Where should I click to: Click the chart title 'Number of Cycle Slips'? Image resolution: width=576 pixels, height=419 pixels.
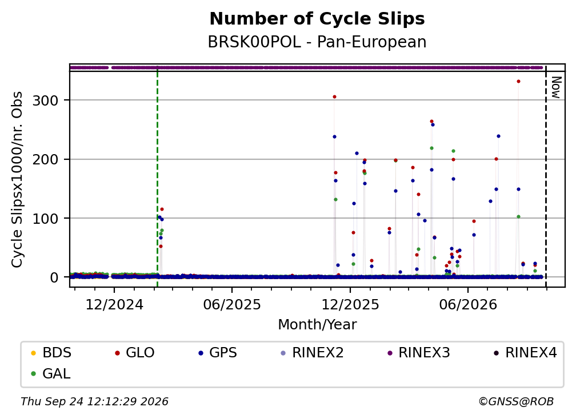pyautogui.click(x=317, y=19)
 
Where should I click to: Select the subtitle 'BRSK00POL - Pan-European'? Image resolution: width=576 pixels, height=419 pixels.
pyautogui.click(x=317, y=42)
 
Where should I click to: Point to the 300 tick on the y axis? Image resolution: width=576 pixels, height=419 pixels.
pyautogui.click(x=46, y=100)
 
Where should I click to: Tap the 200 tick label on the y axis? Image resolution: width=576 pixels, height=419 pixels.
pyautogui.click(x=46, y=159)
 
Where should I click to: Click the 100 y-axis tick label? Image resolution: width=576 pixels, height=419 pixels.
pyautogui.click(x=46, y=218)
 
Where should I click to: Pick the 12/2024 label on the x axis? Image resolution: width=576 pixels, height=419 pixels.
pyautogui.click(x=114, y=304)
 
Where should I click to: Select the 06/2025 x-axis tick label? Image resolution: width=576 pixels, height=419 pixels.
pyautogui.click(x=232, y=304)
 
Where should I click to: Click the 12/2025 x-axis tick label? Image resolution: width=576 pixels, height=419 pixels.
pyautogui.click(x=350, y=304)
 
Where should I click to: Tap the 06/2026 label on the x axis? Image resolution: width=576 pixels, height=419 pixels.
pyautogui.click(x=468, y=304)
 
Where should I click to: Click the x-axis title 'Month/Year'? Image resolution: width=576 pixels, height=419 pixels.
pyautogui.click(x=317, y=325)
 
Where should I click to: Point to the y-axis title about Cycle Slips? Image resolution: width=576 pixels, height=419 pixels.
pyautogui.click(x=17, y=179)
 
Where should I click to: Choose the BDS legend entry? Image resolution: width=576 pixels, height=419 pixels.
pyautogui.click(x=51, y=353)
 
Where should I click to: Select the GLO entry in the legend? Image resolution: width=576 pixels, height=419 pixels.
pyautogui.click(x=134, y=353)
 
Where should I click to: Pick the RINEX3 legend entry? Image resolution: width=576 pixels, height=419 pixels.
pyautogui.click(x=419, y=353)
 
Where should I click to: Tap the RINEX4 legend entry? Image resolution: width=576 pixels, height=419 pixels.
pyautogui.click(x=525, y=353)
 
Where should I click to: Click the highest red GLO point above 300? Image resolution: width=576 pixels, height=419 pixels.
pyautogui.click(x=518, y=82)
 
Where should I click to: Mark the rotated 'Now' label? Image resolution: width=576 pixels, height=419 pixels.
pyautogui.click(x=556, y=87)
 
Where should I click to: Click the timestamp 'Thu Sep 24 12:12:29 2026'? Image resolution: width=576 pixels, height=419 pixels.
pyautogui.click(x=94, y=402)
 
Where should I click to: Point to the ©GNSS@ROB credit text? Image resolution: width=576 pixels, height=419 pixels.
pyautogui.click(x=516, y=402)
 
